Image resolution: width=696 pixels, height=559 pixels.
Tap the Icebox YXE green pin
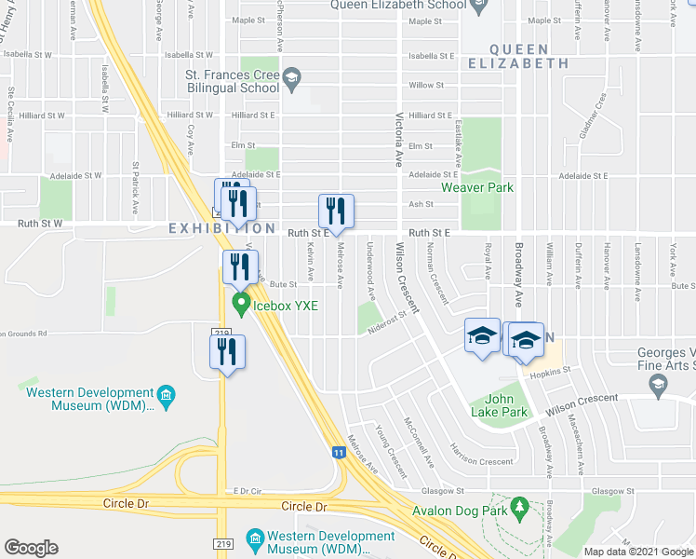pos(241,303)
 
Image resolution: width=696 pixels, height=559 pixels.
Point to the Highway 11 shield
pos(341,453)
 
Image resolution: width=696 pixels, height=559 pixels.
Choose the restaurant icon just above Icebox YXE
pos(239,267)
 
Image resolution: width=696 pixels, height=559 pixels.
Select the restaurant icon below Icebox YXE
pos(226,351)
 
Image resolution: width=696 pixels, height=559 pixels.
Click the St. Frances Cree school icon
pos(291,78)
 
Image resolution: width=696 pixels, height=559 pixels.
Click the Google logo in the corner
pos(31,547)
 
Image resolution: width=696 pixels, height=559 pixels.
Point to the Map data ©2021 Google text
pos(637,552)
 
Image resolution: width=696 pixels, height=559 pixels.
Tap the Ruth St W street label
pos(40,225)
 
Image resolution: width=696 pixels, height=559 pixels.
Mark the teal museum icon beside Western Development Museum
pos(166,396)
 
